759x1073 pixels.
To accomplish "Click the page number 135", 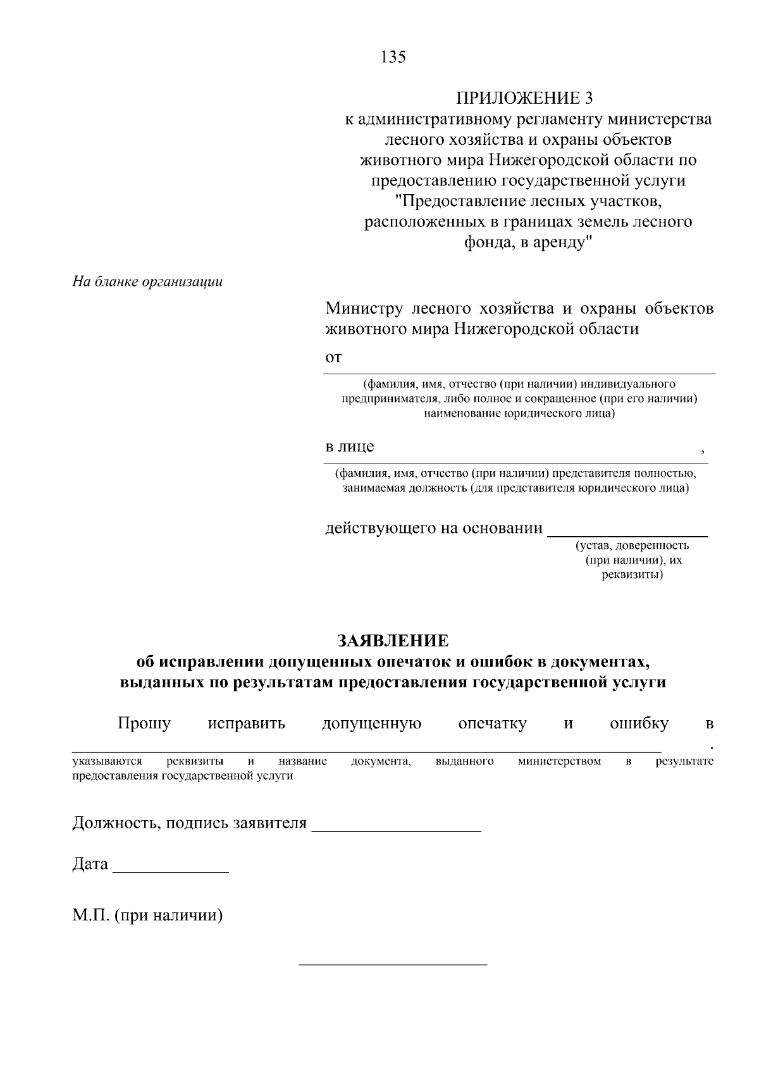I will click(x=393, y=58).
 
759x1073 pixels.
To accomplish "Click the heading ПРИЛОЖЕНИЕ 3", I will click(x=526, y=98).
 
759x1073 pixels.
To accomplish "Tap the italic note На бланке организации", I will click(x=147, y=282).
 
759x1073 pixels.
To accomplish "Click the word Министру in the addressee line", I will click(x=364, y=309).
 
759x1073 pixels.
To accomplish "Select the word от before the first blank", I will click(x=333, y=357).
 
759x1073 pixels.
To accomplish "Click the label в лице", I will click(x=350, y=446).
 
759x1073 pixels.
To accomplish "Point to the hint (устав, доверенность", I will click(x=632, y=545).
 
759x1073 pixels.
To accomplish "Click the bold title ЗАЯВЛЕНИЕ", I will click(x=393, y=641).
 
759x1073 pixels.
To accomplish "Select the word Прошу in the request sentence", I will click(x=144, y=723).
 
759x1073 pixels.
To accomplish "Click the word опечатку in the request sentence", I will click(x=492, y=723).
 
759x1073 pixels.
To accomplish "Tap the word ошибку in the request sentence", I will click(x=639, y=723).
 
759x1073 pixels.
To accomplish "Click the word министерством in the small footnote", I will click(x=559, y=761).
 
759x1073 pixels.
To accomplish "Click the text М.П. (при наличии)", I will click(x=147, y=915).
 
